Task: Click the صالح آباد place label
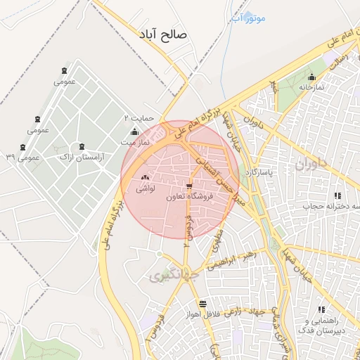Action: click(165, 34)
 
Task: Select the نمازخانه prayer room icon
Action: click(311, 77)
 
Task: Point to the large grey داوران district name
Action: click(312, 165)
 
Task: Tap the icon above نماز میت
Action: click(135, 132)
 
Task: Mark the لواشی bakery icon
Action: click(145, 178)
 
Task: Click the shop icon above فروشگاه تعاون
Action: click(188, 187)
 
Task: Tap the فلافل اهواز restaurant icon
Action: click(203, 304)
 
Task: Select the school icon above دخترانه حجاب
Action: click(337, 195)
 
